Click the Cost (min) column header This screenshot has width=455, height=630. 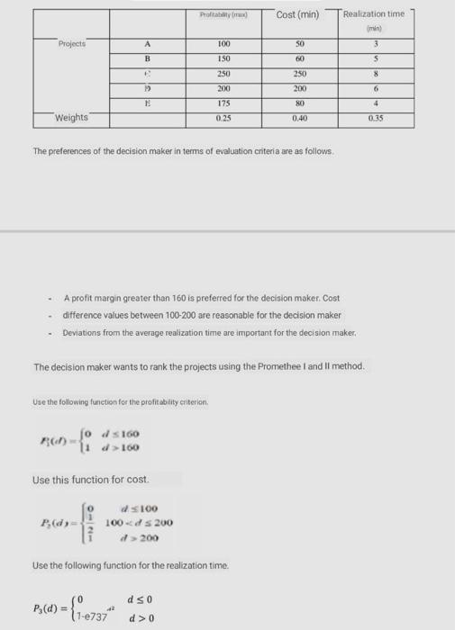pyautogui.click(x=297, y=14)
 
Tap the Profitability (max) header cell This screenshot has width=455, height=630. pyautogui.click(x=224, y=15)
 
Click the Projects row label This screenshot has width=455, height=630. pyautogui.click(x=71, y=43)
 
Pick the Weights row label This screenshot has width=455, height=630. pyautogui.click(x=71, y=118)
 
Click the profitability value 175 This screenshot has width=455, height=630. pyautogui.click(x=224, y=103)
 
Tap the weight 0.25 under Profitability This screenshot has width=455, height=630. pyautogui.click(x=224, y=118)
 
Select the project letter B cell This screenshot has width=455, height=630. pyautogui.click(x=146, y=58)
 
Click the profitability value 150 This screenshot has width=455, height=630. pyautogui.click(x=224, y=58)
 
